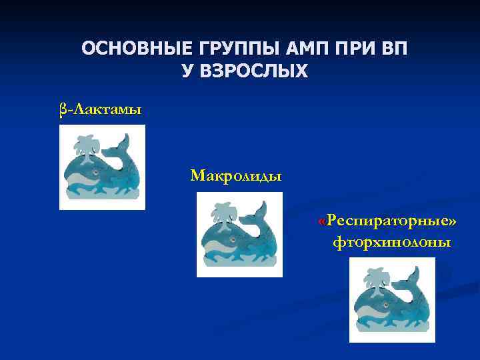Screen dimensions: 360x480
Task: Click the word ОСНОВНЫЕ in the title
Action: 133,49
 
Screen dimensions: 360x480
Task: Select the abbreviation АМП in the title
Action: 303,49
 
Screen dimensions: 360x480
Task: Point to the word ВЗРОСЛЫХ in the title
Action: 245,71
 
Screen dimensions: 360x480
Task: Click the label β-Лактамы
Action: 100,109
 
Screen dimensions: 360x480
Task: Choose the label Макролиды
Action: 235,176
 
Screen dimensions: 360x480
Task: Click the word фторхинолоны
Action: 391,242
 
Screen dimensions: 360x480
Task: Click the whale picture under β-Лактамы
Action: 102,167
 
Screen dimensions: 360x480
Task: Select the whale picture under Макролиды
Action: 239,234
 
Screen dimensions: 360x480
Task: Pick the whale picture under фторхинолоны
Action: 392,299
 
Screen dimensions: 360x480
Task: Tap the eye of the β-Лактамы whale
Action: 95,173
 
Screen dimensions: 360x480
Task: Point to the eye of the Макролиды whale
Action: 232,239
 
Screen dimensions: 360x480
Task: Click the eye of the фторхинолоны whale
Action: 385,305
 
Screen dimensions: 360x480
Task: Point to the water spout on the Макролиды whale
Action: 223,212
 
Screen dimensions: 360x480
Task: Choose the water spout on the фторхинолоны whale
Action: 375,277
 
